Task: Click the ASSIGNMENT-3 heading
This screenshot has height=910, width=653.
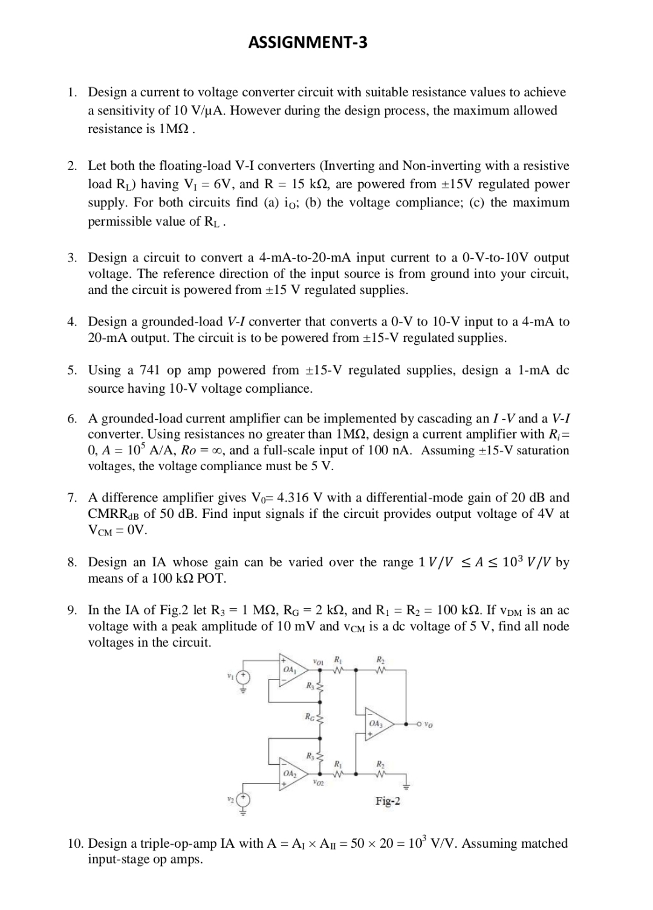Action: coord(308,42)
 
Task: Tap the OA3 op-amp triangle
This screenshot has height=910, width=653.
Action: coord(377,724)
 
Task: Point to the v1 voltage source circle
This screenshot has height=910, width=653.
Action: coord(244,677)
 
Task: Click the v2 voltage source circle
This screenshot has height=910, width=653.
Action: coord(244,802)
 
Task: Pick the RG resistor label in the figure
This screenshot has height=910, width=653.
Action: coord(310,717)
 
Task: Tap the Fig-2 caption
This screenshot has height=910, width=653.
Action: coord(388,801)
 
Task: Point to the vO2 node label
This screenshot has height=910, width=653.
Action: coord(318,784)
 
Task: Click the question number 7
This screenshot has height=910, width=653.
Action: coord(72,498)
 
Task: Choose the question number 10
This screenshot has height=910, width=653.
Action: coord(75,843)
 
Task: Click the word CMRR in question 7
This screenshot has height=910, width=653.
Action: coord(107,514)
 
